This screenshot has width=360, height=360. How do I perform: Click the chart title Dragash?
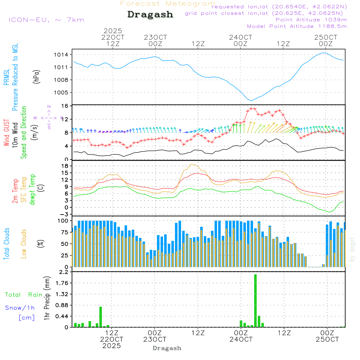[x=150, y=15]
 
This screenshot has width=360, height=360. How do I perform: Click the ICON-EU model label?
[x=46, y=20]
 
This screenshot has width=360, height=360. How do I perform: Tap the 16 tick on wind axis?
[x=65, y=106]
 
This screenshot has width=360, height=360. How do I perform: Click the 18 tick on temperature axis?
[x=65, y=166]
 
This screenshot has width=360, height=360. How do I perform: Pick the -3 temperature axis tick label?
[x=65, y=214]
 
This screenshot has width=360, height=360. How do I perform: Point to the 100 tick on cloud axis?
[x=63, y=220]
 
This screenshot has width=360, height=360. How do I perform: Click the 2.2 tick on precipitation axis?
[x=64, y=272]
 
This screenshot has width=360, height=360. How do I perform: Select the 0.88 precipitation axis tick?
[x=62, y=305]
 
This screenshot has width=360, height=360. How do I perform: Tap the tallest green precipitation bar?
[x=255, y=301]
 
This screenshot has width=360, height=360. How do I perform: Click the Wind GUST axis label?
[x=6, y=134]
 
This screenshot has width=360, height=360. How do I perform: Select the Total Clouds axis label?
[x=6, y=244]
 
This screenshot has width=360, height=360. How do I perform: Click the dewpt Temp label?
[x=32, y=190]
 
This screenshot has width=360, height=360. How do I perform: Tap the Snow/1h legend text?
[x=20, y=308]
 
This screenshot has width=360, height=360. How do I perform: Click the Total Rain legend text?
[x=23, y=295]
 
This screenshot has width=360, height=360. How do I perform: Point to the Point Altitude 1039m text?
[x=311, y=20]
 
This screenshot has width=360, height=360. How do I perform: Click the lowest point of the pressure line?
[x=252, y=100]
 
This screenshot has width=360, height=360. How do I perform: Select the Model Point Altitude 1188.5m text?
[x=297, y=26]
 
